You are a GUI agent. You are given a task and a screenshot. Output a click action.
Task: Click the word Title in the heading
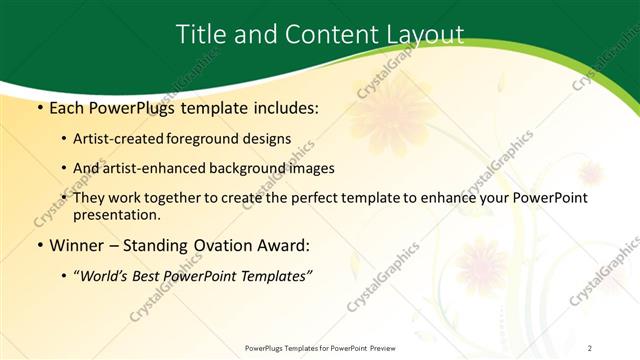coord(201,34)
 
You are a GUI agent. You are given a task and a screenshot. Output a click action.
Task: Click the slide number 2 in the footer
coord(590,347)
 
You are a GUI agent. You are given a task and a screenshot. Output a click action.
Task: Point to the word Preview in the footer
coord(377,347)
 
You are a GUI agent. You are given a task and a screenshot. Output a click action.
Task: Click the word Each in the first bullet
coord(67,107)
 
